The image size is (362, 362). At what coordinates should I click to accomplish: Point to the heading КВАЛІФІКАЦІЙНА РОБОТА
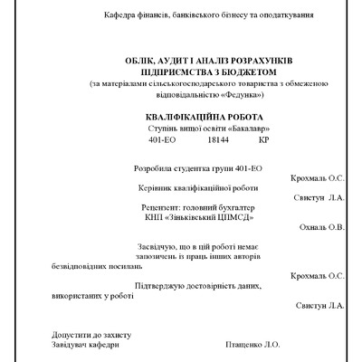[193, 118]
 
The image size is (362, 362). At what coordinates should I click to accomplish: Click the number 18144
[216, 141]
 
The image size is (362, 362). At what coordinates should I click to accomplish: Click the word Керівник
[149, 188]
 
